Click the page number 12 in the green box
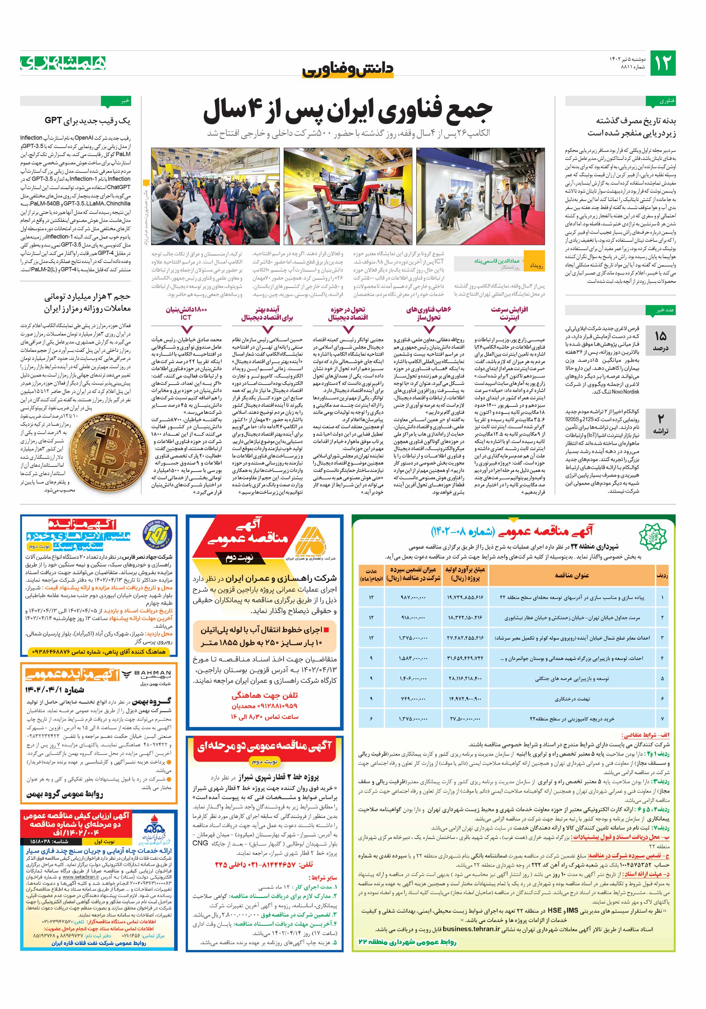coord(662,63)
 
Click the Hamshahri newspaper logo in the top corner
coord(63,63)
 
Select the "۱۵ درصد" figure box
coord(660,341)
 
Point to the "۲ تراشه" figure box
coord(660,424)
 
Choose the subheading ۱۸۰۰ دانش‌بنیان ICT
coord(186,313)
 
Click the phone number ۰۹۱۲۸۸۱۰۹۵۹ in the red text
coord(264,706)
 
